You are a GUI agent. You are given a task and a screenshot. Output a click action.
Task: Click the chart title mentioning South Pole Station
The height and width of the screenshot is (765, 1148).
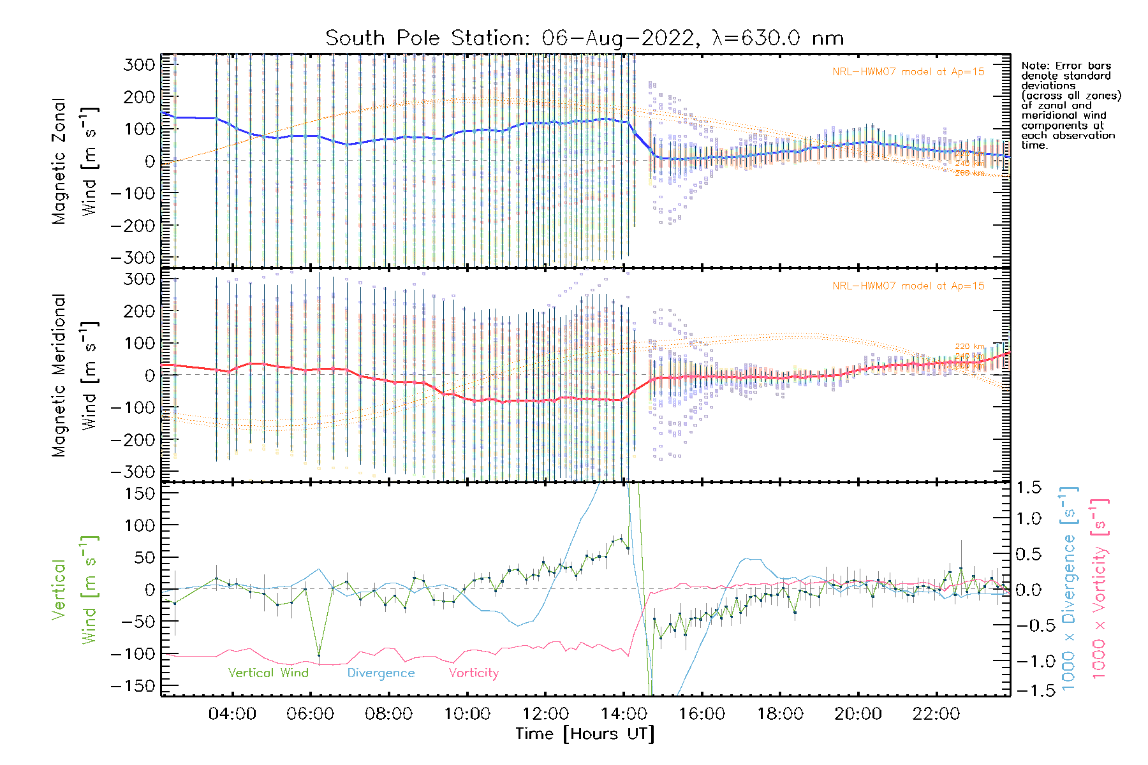point(584,38)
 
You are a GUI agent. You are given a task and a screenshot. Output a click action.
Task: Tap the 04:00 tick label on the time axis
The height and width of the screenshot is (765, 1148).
point(232,713)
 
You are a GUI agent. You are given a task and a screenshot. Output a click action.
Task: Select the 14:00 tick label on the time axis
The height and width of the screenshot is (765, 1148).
point(624,713)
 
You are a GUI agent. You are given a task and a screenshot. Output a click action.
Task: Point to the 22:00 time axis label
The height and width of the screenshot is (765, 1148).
point(936,713)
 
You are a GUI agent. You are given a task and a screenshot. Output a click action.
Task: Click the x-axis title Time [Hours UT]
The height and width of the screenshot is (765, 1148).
point(585,734)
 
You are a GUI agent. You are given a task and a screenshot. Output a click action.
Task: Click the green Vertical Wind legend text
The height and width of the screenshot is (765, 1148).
point(268,673)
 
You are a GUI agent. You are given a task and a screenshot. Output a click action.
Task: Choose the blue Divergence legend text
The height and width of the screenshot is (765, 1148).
point(381,673)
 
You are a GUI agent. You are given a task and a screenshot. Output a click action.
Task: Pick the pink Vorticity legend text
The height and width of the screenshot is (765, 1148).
point(473,673)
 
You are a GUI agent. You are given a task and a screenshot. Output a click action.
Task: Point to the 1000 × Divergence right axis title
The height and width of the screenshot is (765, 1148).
point(1068,590)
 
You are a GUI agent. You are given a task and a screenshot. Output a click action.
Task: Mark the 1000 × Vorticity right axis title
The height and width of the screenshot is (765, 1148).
point(1099,590)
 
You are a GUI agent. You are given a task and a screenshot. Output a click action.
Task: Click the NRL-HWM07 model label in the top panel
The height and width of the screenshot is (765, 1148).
point(908,72)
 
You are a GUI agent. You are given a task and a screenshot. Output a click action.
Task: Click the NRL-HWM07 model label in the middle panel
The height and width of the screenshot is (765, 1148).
point(908,286)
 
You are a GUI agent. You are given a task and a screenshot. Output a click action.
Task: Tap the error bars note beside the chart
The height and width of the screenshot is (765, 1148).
point(1070,106)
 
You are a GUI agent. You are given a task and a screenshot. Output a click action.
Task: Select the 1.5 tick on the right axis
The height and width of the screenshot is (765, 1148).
point(1028,488)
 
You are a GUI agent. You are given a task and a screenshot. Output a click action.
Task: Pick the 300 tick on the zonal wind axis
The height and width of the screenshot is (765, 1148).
point(139,64)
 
